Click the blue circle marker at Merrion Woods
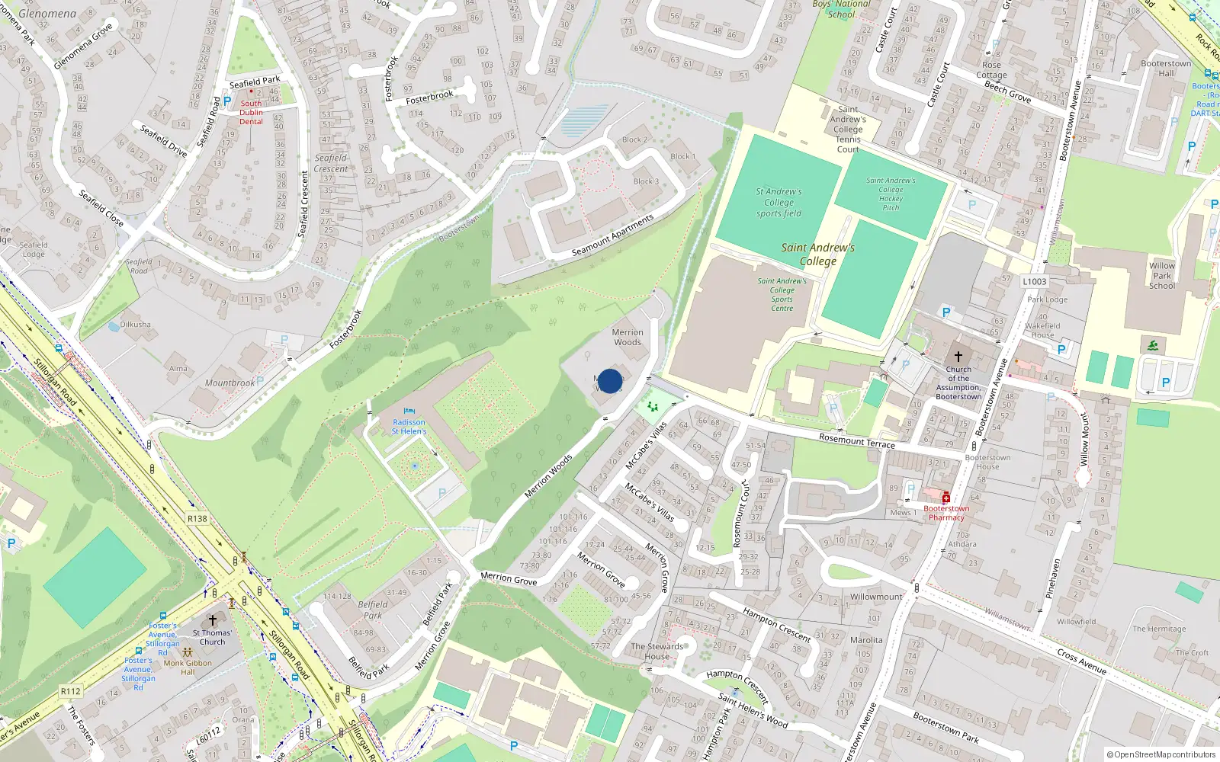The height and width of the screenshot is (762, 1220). [609, 381]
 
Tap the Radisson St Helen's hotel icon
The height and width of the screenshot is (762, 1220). [409, 412]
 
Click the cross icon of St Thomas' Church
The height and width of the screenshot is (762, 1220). [213, 621]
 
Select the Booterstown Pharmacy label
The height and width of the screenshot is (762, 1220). [946, 513]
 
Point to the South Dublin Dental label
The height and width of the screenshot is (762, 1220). [251, 112]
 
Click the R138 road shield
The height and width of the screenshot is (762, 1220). [197, 519]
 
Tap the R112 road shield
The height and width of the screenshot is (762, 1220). [71, 691]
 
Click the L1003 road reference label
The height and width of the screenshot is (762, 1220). [1034, 281]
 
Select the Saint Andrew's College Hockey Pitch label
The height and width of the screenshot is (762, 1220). [891, 194]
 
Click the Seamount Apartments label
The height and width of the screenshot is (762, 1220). [612, 235]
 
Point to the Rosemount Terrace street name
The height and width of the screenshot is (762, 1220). [856, 440]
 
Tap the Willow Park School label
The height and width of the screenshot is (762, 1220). [1162, 276]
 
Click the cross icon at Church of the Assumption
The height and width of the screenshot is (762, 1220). [958, 356]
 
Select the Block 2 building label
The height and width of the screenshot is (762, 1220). [634, 139]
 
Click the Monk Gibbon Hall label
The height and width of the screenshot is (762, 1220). [188, 668]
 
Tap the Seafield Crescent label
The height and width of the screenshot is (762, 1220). [331, 163]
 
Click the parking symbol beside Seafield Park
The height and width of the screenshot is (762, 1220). [226, 100]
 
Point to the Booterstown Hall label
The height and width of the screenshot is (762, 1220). [1166, 69]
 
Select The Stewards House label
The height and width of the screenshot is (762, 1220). [657, 651]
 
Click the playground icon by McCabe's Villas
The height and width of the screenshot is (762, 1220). [653, 407]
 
